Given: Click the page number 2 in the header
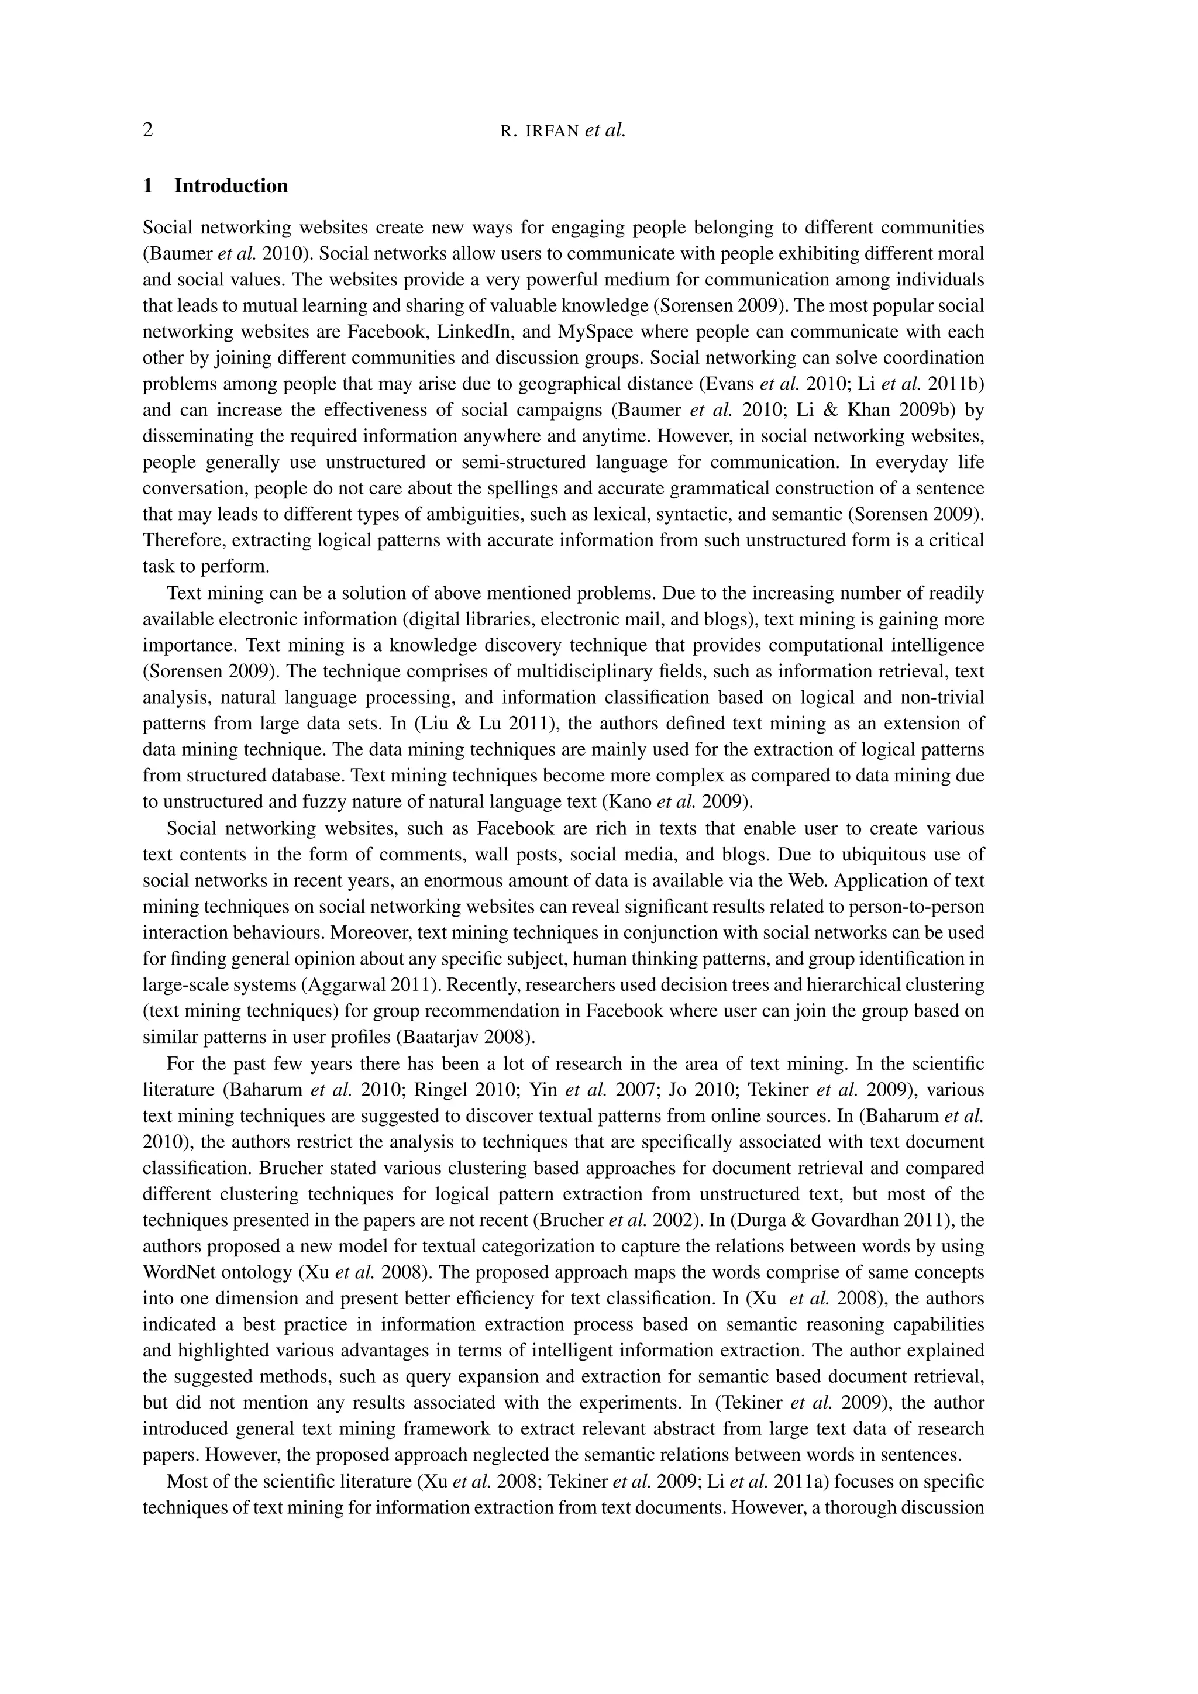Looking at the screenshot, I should click(x=148, y=130).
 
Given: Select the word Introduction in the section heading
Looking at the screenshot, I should click(x=231, y=186).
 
